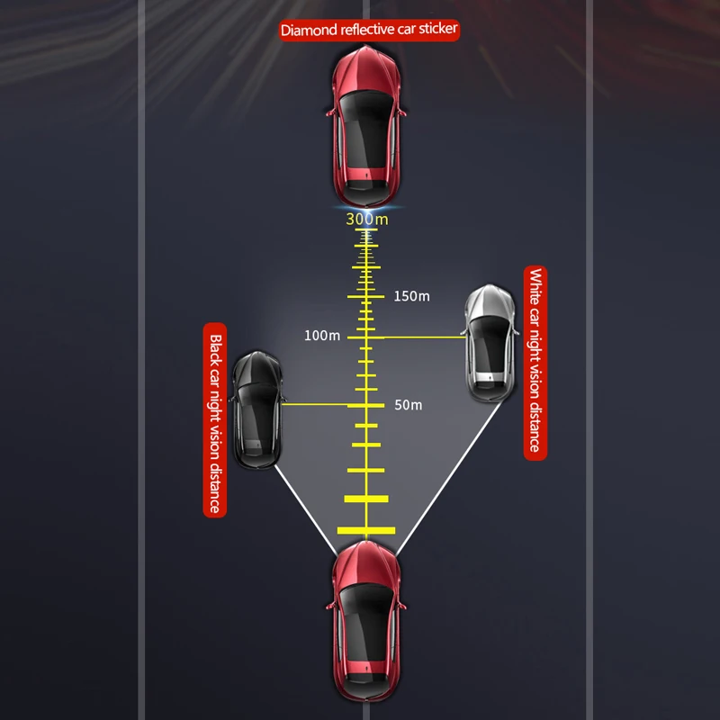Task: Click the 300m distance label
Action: (x=367, y=219)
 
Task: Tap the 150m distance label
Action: (x=411, y=296)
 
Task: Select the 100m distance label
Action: (x=322, y=336)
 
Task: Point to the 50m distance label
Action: (x=409, y=405)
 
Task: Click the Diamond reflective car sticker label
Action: (x=369, y=30)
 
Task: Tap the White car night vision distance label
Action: (x=535, y=363)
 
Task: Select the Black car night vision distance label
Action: (x=215, y=420)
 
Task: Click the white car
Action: (x=490, y=343)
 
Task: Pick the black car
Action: (x=257, y=409)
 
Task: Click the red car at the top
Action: (x=366, y=126)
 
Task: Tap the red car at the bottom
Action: (x=366, y=621)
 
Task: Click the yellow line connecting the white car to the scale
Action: (x=425, y=337)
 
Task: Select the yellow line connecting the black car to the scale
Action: (x=315, y=404)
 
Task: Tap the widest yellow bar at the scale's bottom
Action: (x=366, y=531)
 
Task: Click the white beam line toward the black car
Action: (x=306, y=510)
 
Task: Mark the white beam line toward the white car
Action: (x=448, y=478)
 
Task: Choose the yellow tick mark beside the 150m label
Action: (x=366, y=297)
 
